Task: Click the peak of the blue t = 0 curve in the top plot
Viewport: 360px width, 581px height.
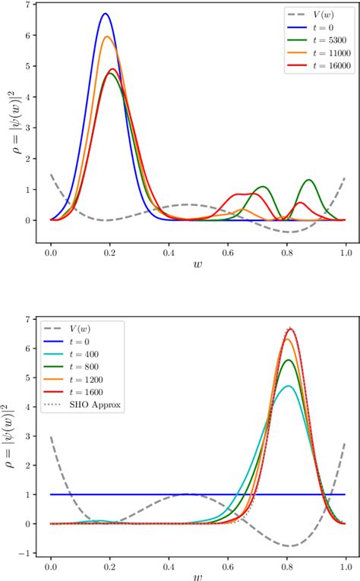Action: click(106, 14)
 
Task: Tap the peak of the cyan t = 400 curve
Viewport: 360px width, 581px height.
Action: click(288, 386)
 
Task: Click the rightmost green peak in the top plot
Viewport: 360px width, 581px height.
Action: click(308, 180)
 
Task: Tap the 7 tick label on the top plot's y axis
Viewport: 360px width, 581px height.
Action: click(28, 5)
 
